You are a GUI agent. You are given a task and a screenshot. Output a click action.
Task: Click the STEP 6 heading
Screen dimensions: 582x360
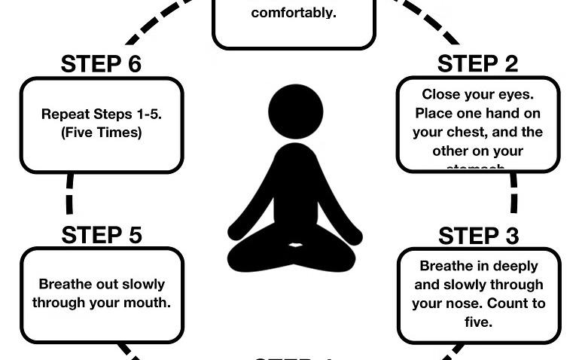click(x=101, y=64)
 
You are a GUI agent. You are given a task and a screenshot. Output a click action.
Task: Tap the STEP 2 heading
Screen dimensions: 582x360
click(x=478, y=64)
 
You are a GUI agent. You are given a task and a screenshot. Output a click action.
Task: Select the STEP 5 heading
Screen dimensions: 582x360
click(x=102, y=235)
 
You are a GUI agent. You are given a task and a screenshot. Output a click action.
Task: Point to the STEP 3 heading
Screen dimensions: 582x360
click(x=479, y=236)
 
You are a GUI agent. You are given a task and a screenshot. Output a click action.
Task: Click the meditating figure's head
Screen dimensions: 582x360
click(x=296, y=111)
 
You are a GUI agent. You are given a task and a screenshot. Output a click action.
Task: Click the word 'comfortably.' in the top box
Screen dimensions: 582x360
click(x=294, y=13)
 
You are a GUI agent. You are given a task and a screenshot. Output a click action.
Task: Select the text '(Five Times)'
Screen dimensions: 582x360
click(x=102, y=133)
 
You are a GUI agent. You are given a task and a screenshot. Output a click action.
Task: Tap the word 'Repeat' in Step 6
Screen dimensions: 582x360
click(x=64, y=114)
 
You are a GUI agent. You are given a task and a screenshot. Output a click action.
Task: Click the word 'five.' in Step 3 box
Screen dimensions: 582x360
click(x=479, y=322)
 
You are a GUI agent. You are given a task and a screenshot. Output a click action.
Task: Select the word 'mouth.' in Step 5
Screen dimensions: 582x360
click(x=147, y=304)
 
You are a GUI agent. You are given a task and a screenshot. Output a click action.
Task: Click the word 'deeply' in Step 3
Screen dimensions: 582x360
click(x=516, y=266)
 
